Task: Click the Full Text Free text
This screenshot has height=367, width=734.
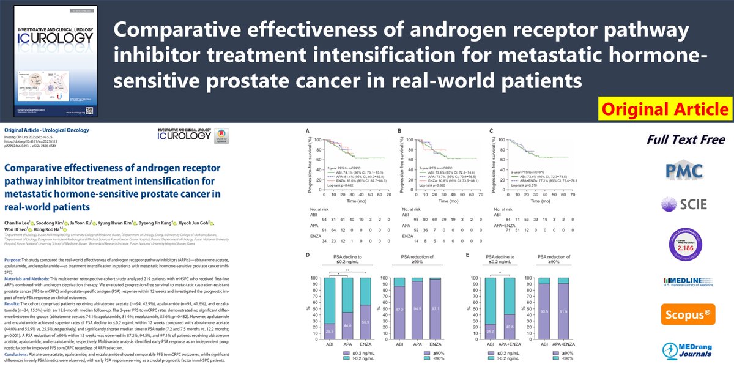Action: point(677,139)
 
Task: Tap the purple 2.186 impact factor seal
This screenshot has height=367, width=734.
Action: point(677,240)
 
